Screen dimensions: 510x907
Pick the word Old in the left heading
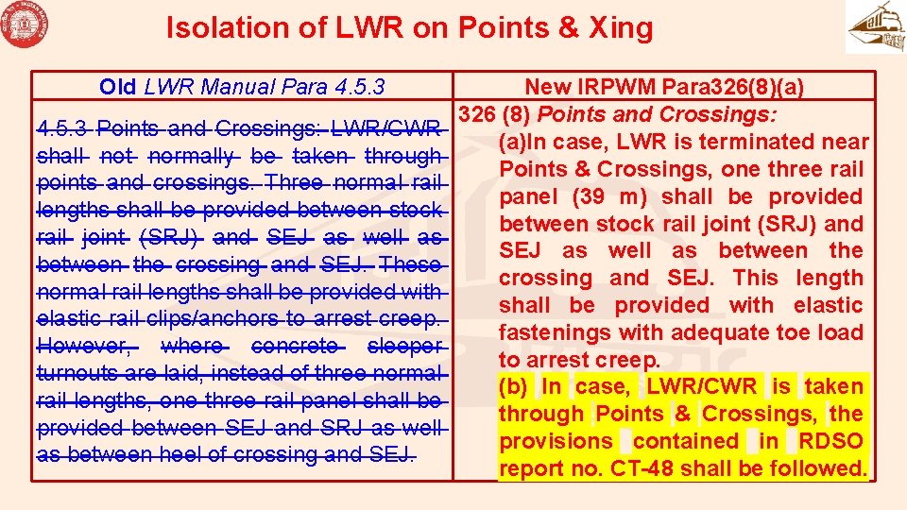click(x=118, y=88)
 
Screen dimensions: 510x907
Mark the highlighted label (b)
click(x=515, y=386)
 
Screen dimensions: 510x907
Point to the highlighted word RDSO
click(x=830, y=441)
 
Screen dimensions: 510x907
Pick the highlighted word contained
click(x=687, y=441)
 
